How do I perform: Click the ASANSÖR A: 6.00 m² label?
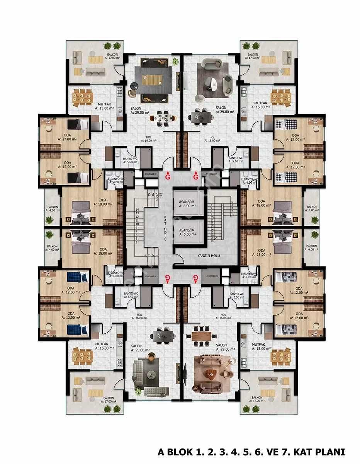click(188, 204)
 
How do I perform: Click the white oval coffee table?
click(211, 83)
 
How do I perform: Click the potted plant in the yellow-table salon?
click(176, 61)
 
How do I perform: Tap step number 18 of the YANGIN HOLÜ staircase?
click(212, 240)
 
